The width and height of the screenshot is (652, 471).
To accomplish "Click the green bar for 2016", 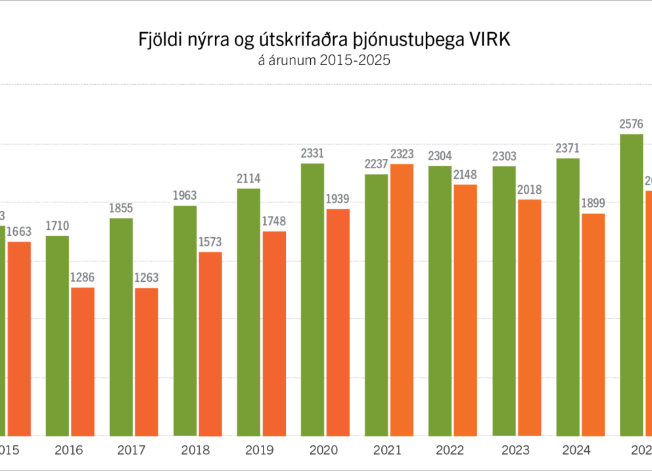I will [x=57, y=335].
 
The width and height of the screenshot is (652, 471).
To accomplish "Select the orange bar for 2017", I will [x=147, y=361].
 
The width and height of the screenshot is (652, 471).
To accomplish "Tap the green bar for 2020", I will [x=313, y=299].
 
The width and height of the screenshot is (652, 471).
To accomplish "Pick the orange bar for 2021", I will [x=402, y=300].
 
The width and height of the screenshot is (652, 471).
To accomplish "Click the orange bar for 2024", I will [x=593, y=324].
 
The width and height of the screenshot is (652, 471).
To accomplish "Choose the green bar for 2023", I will [x=504, y=301].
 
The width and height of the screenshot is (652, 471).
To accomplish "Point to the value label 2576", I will [x=631, y=123].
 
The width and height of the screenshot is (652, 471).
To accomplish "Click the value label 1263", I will [x=147, y=278].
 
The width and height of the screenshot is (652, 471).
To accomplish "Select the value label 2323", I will [x=402, y=154].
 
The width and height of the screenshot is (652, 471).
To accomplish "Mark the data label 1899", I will [x=593, y=203].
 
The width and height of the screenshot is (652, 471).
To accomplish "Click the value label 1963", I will [x=185, y=196].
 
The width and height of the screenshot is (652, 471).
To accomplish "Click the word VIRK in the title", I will [x=487, y=39].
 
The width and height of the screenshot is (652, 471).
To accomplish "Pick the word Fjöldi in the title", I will [x=159, y=39].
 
